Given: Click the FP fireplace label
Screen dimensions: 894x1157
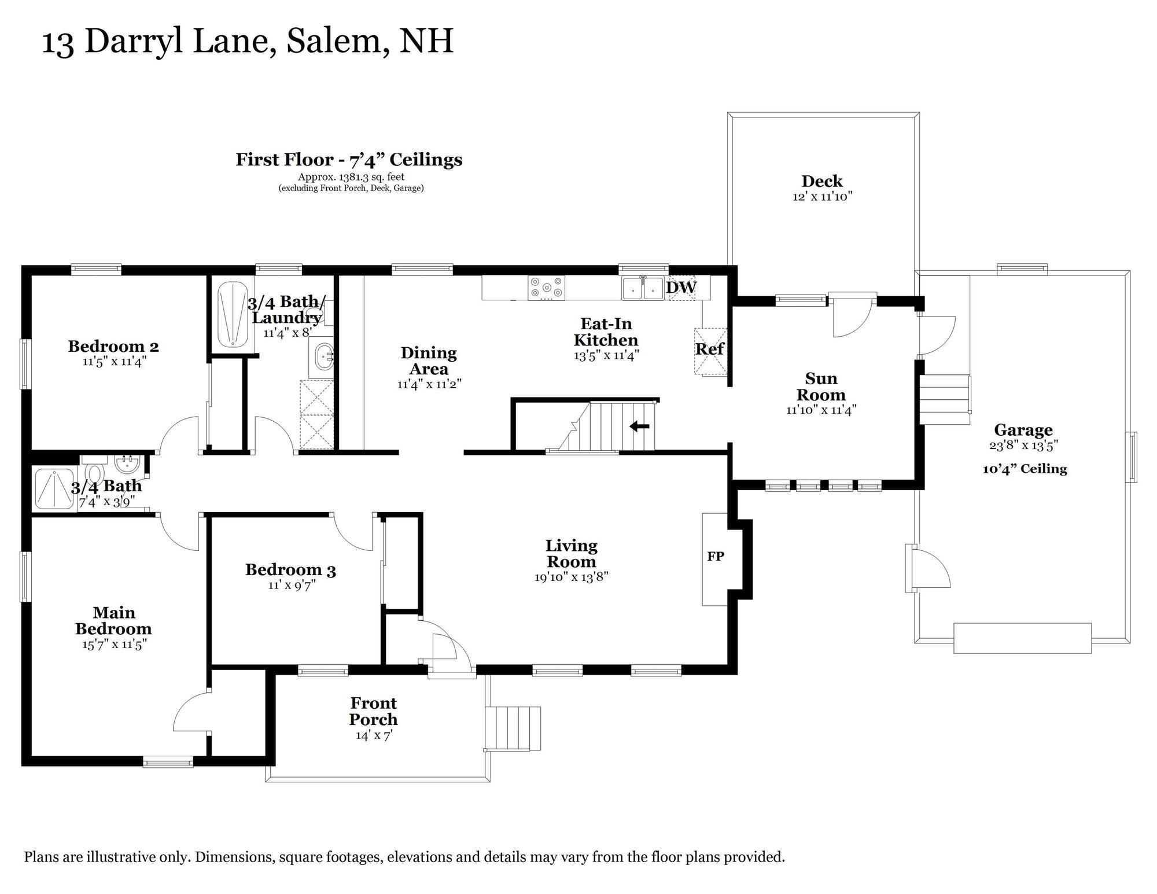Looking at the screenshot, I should click(716, 557).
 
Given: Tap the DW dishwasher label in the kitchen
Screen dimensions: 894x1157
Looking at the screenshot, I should click(681, 287).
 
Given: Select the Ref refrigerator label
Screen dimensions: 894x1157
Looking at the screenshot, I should click(709, 349).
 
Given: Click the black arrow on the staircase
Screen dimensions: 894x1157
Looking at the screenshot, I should click(639, 426).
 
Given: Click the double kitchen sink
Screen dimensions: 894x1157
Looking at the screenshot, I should click(643, 288).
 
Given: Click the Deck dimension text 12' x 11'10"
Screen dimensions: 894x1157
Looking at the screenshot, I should click(822, 197).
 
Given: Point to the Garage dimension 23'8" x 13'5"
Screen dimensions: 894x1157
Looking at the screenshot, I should click(1023, 446).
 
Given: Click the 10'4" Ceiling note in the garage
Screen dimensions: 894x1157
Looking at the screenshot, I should click(1025, 469).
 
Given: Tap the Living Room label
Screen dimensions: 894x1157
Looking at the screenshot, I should click(572, 553).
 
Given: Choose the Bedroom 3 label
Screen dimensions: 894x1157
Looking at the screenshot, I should click(290, 570).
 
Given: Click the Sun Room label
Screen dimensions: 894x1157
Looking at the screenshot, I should click(821, 387).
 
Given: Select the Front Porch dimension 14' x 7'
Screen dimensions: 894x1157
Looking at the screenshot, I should click(373, 735).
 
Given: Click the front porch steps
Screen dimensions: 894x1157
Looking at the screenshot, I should click(513, 728).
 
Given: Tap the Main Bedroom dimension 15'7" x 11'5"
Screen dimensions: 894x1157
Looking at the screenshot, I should click(113, 644).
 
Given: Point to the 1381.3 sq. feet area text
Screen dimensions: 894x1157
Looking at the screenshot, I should click(351, 177).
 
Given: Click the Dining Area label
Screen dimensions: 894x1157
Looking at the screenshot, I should click(429, 360).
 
